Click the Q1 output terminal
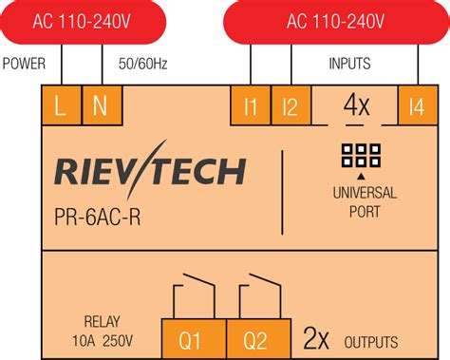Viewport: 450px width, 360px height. (x=191, y=339)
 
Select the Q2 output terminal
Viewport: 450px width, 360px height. (x=254, y=339)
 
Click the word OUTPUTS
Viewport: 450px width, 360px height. (x=371, y=342)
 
